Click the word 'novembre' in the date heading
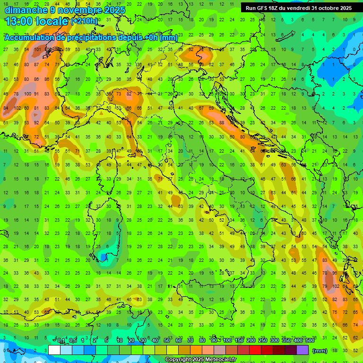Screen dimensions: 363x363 coord(81,10)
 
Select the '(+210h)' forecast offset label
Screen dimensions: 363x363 coord(84,21)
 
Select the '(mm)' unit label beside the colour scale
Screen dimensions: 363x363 coord(320,351)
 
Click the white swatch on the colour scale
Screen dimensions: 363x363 coord(54,350)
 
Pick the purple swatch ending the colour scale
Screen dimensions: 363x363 coord(302,350)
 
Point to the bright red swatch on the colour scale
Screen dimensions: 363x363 coord(255,350)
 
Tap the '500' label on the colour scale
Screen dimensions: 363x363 coord(310,341)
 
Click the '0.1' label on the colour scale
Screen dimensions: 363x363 coord(61,341)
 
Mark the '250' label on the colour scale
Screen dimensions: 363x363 coord(262,341)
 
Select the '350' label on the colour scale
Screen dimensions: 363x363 coord(286,341)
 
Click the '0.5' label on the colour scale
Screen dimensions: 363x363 coord(73,341)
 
